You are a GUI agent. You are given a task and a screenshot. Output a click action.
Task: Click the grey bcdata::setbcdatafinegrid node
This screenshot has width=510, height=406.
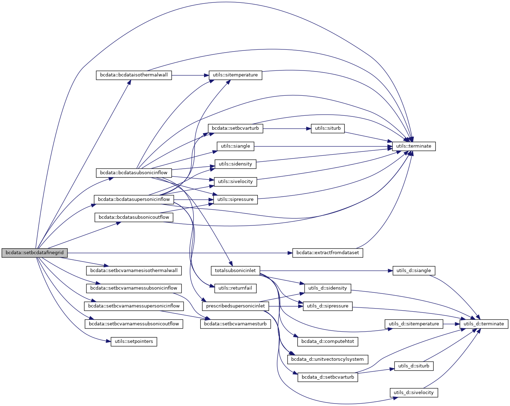(x=34, y=253)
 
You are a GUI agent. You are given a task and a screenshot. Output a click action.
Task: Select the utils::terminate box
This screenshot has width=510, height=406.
(x=414, y=146)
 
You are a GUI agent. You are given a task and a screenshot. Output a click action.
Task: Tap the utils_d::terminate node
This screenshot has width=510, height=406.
(x=484, y=324)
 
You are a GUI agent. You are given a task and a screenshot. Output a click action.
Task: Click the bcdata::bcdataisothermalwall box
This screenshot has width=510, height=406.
(x=134, y=75)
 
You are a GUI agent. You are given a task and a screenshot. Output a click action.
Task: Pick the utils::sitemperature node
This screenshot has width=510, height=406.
(x=235, y=75)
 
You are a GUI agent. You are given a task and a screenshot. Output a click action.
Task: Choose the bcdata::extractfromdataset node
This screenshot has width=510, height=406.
(x=328, y=253)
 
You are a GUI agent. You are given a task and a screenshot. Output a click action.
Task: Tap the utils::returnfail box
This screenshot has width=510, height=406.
(x=235, y=288)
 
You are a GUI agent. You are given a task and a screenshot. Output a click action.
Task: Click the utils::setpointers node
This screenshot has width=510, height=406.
(x=134, y=341)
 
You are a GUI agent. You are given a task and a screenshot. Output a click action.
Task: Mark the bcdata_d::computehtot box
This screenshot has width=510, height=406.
(x=328, y=341)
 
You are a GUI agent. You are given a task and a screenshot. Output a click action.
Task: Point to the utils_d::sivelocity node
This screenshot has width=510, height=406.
(x=414, y=393)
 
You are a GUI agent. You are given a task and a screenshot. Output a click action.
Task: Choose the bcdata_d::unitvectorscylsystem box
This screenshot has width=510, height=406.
(x=328, y=359)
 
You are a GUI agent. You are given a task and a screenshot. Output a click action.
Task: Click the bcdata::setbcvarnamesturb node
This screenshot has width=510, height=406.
(x=235, y=324)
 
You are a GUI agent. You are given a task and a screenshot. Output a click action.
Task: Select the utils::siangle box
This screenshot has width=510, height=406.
(x=235, y=146)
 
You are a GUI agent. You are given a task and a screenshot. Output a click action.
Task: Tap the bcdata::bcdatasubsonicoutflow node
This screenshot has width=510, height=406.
(x=134, y=217)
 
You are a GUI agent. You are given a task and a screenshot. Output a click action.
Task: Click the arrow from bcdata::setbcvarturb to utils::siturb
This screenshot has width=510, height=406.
(x=287, y=128)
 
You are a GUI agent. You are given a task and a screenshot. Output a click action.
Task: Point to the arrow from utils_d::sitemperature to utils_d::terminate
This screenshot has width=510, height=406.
(x=451, y=324)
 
